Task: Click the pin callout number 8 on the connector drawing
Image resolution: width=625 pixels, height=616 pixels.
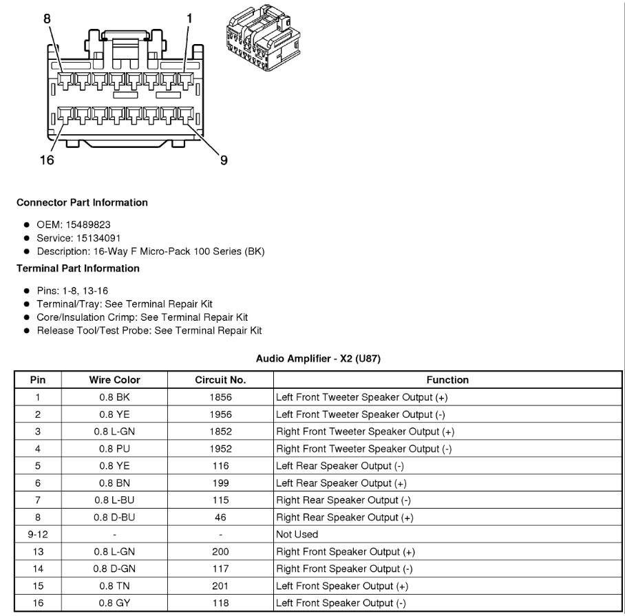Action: click(47, 19)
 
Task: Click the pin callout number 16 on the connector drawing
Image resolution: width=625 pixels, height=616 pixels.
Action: click(47, 160)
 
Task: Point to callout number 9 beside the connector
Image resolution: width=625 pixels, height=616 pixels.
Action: click(224, 160)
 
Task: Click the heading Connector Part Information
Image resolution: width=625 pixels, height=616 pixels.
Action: click(82, 202)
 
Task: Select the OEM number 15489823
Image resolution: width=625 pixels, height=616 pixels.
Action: click(88, 224)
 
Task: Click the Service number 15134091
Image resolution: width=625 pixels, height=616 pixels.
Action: click(93, 237)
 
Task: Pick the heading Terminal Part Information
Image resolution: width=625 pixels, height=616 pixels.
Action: click(78, 268)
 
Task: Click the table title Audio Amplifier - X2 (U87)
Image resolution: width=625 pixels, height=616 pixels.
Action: click(318, 359)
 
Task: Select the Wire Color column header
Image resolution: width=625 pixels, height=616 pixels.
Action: click(114, 380)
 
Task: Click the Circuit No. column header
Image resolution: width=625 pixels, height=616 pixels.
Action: click(220, 380)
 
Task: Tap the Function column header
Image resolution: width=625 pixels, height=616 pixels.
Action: click(447, 380)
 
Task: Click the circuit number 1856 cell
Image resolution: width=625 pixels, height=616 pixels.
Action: click(220, 397)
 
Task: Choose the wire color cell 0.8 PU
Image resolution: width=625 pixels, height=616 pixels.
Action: click(114, 449)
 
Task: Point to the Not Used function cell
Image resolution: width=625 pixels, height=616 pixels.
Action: click(297, 534)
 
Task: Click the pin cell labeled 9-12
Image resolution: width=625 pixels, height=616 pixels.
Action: click(38, 534)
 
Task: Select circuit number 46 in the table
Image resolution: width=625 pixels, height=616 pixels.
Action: click(220, 517)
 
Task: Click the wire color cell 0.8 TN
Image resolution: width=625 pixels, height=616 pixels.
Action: click(114, 586)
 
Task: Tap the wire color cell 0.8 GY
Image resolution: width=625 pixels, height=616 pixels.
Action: click(114, 603)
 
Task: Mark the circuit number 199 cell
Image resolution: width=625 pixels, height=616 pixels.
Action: click(220, 483)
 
